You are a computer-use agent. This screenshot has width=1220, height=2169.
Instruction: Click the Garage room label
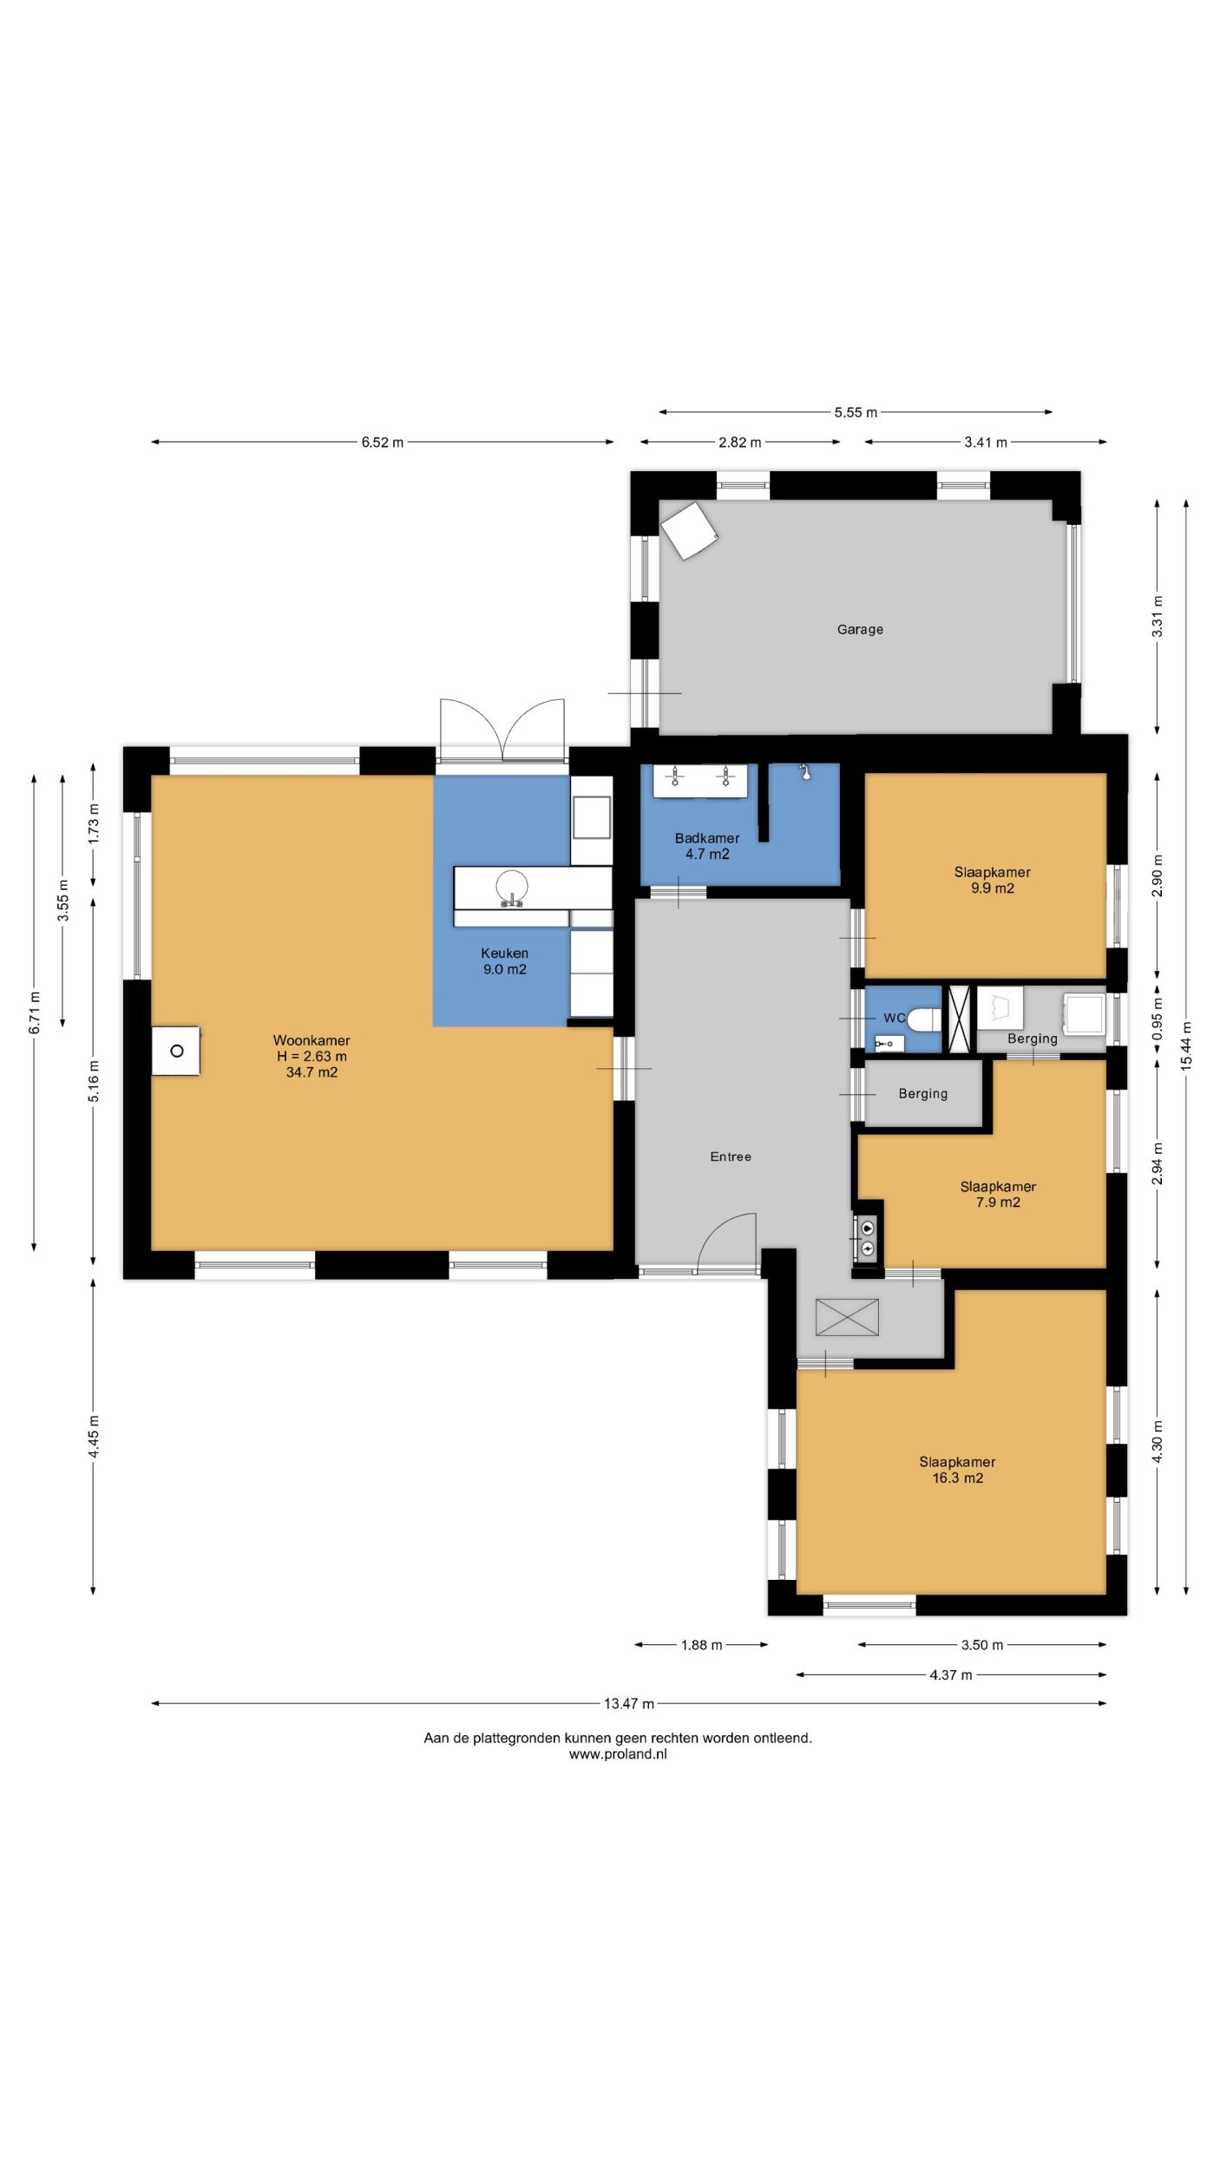click(860, 630)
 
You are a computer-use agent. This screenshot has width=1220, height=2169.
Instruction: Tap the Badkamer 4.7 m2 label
click(707, 846)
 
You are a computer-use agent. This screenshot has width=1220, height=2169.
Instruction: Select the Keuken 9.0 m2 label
click(505, 961)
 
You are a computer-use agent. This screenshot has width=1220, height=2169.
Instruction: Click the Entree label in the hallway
click(731, 1157)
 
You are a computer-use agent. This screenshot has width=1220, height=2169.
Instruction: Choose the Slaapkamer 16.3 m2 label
click(958, 1470)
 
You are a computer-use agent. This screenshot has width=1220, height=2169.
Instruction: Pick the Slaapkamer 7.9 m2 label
click(998, 1194)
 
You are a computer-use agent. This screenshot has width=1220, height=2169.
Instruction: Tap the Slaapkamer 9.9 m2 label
click(993, 880)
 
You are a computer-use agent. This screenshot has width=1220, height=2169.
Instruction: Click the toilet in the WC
click(924, 1019)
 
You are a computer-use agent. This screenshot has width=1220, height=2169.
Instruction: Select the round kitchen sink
click(512, 887)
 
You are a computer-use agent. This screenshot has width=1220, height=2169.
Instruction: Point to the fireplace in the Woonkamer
click(176, 1051)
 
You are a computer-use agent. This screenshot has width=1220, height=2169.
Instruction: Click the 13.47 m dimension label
click(629, 1703)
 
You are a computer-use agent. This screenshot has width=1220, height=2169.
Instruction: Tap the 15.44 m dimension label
click(1186, 1045)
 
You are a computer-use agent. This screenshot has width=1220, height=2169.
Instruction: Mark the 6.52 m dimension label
click(383, 442)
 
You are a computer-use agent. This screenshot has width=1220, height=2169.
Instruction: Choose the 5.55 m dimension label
click(856, 412)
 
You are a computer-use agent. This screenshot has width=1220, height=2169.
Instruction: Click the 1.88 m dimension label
click(701, 1645)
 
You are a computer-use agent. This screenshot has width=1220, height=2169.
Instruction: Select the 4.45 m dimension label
click(94, 1438)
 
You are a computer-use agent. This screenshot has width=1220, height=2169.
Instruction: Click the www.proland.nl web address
click(618, 1753)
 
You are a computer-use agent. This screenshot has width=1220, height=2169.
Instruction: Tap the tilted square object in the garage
click(689, 530)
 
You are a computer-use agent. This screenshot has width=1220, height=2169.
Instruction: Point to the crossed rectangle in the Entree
click(847, 1317)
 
